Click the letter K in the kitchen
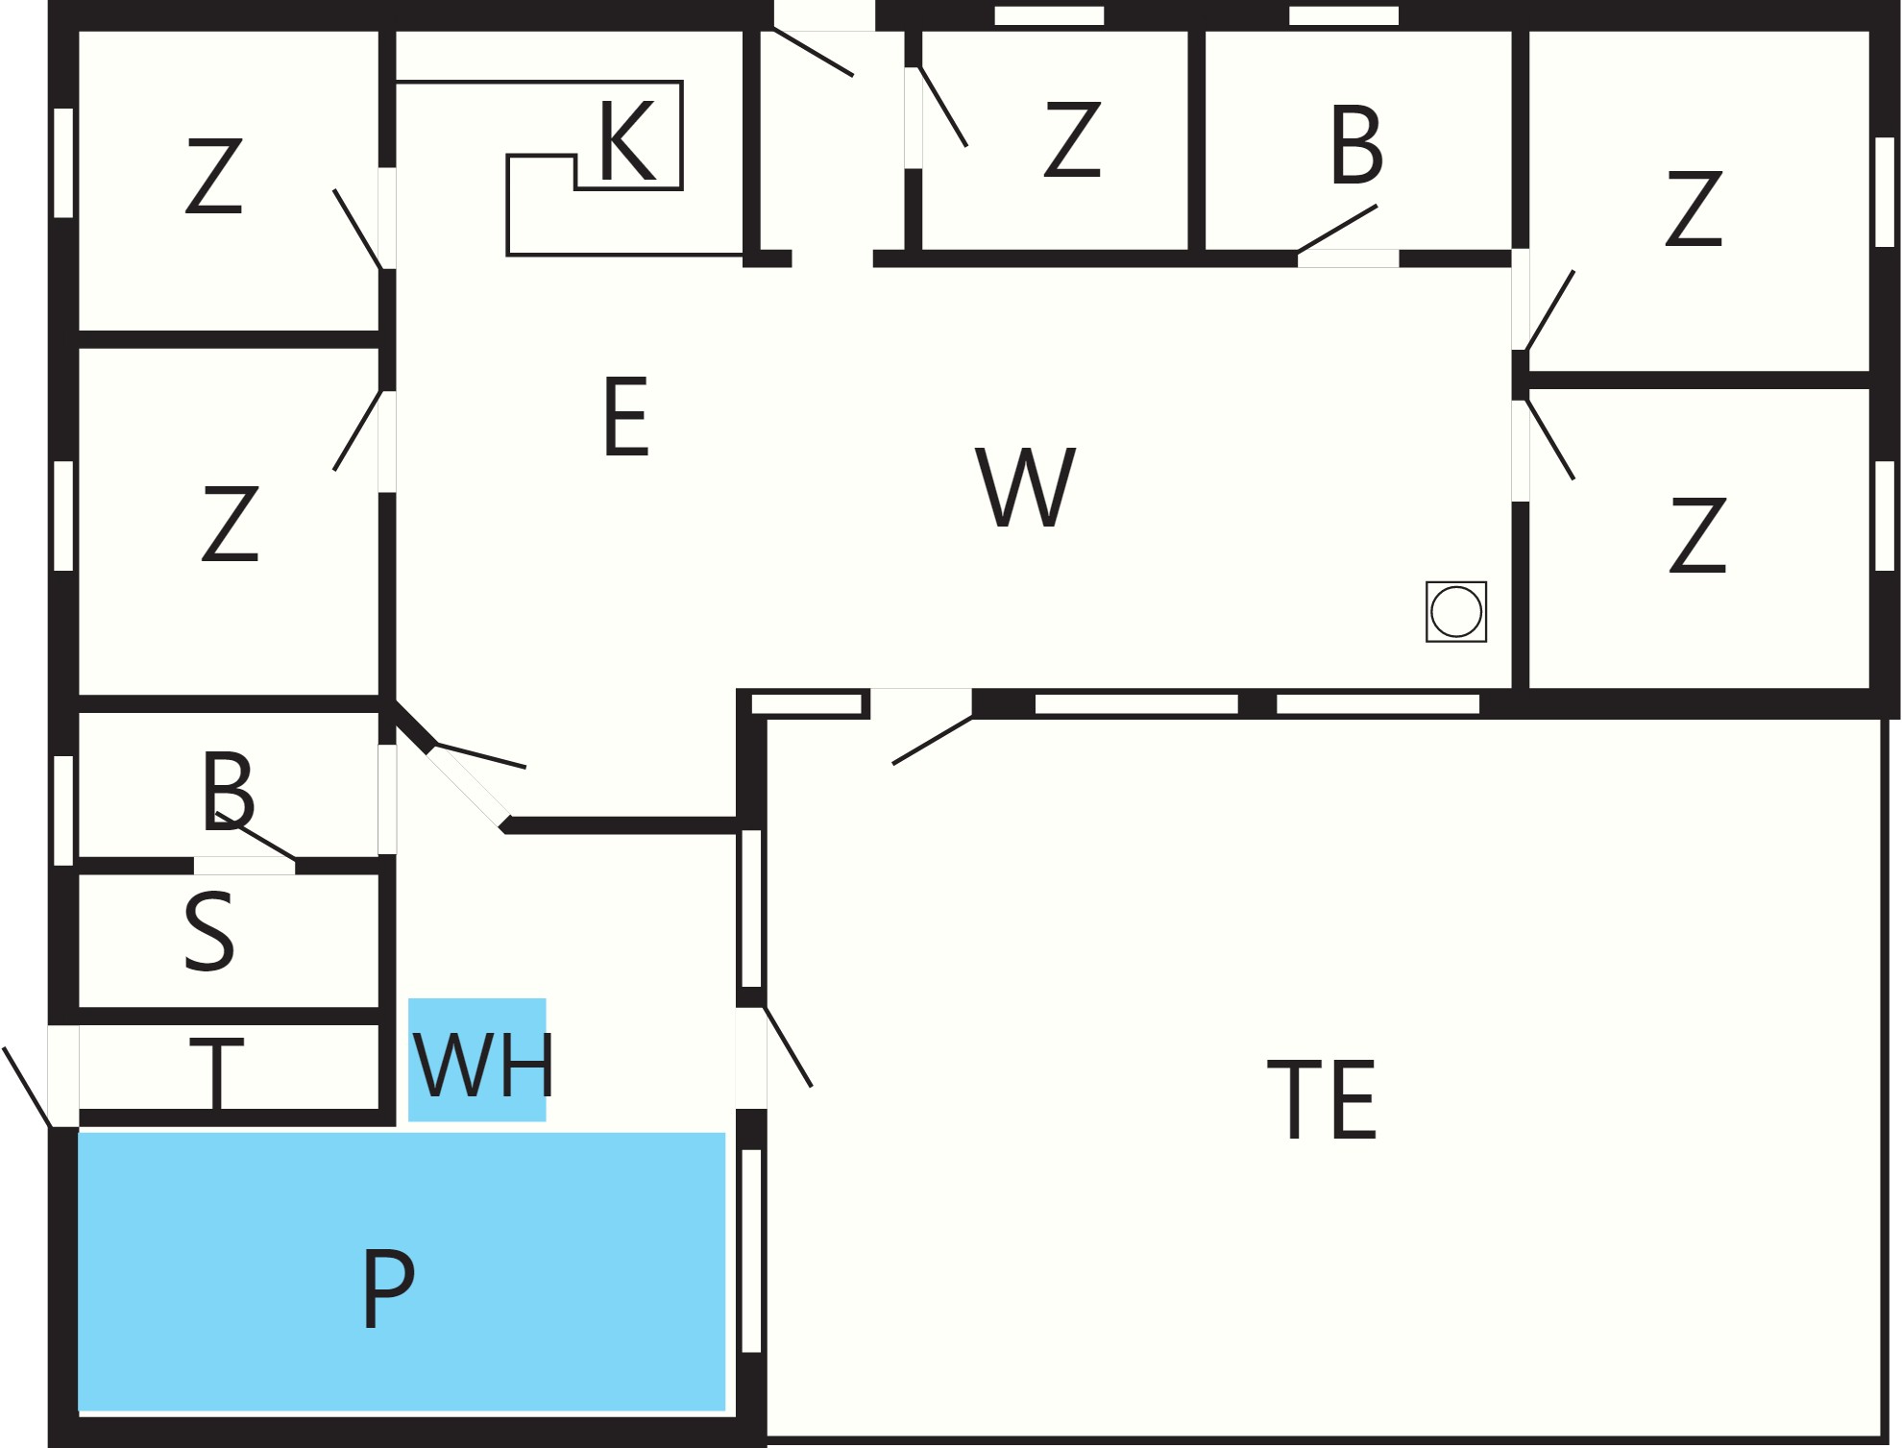click(x=627, y=140)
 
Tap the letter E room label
click(x=626, y=416)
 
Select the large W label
click(x=1026, y=486)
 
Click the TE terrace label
click(x=1322, y=1099)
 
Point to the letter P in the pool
click(x=388, y=1288)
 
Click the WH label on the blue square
click(x=482, y=1065)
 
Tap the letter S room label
click(x=209, y=931)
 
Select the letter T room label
click(x=217, y=1072)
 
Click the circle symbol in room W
click(x=1456, y=611)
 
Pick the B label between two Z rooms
click(x=1357, y=144)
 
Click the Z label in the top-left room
click(x=214, y=175)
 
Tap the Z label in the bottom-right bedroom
click(x=1698, y=534)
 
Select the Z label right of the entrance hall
click(x=1072, y=139)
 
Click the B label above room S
click(x=228, y=792)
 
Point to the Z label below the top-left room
click(x=231, y=523)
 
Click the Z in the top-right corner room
click(x=1695, y=208)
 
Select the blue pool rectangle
click(x=402, y=1272)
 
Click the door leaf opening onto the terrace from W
click(x=933, y=740)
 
